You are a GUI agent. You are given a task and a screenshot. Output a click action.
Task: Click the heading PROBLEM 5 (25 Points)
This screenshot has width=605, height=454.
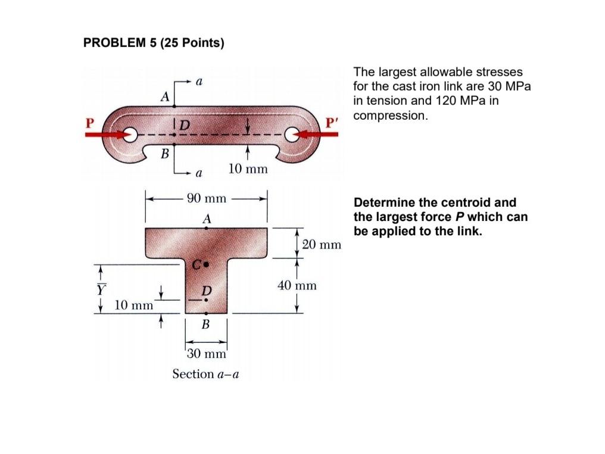[x=153, y=43]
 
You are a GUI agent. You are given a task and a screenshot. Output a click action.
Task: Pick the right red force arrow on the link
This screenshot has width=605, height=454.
[x=319, y=135]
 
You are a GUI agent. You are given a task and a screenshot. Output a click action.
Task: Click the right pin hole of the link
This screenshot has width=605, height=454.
[x=292, y=135]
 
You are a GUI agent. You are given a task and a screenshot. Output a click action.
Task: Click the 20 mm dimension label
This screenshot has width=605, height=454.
[x=322, y=244]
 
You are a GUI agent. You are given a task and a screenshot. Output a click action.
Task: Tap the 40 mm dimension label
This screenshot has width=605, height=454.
[x=297, y=286]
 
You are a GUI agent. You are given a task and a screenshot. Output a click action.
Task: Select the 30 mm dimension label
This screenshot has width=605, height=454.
[x=206, y=354]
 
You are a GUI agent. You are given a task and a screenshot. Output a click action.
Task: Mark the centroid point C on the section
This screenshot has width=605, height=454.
[x=206, y=263]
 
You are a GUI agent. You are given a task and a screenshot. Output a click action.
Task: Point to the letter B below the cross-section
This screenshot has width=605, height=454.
[x=205, y=325]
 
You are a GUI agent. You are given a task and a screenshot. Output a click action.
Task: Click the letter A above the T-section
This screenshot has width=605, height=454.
[x=207, y=219]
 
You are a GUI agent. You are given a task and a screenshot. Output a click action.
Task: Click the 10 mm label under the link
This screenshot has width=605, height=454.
[x=248, y=170]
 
